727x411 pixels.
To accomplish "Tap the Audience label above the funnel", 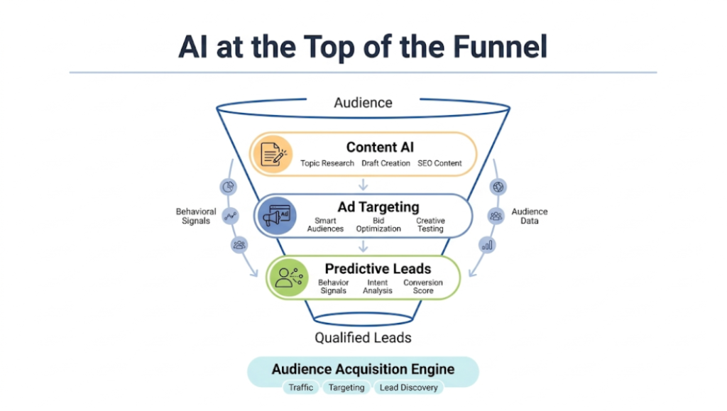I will pyautogui.click(x=363, y=102).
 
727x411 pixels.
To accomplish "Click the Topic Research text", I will pyautogui.click(x=327, y=163).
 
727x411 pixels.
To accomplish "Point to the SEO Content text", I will pyautogui.click(x=439, y=163).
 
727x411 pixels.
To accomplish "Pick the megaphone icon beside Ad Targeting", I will pyautogui.click(x=276, y=216).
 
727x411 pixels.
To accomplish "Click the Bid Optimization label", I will pyautogui.click(x=378, y=225).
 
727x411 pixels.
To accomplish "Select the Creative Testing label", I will pyautogui.click(x=430, y=225).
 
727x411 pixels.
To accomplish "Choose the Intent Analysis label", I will pyautogui.click(x=378, y=287).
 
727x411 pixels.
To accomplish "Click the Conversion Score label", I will pyautogui.click(x=423, y=287).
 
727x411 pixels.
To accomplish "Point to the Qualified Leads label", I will pyautogui.click(x=363, y=337).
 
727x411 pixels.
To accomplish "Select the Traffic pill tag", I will pyautogui.click(x=300, y=388).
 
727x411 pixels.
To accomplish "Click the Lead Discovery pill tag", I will pyautogui.click(x=408, y=388).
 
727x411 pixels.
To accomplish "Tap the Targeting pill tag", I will pyautogui.click(x=346, y=388).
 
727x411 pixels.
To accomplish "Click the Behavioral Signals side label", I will pyautogui.click(x=196, y=216).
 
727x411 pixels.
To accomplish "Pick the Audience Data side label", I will pyautogui.click(x=530, y=216).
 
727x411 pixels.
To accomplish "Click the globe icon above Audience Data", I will pyautogui.click(x=498, y=187).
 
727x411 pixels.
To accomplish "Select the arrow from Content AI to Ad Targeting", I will pyautogui.click(x=363, y=185).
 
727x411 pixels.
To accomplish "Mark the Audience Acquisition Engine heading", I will pyautogui.click(x=363, y=370).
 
